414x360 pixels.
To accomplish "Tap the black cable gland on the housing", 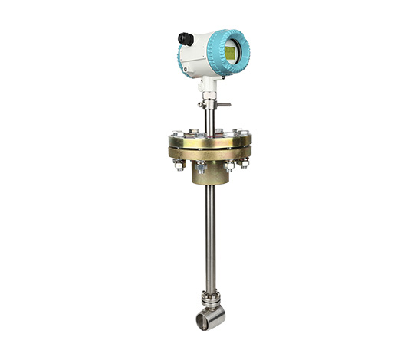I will [185, 38].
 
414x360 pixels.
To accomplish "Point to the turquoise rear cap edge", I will [181, 55].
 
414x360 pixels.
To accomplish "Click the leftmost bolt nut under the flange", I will [178, 162].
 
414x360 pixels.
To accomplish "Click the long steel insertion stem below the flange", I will [209, 237].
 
